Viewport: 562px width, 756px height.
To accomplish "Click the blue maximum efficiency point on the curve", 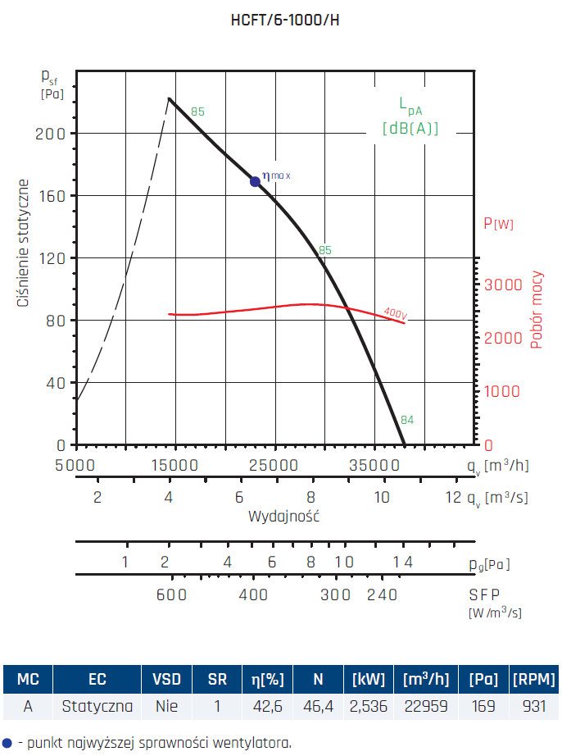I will (x=255, y=181).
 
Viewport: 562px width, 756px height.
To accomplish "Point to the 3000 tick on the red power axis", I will (x=502, y=285).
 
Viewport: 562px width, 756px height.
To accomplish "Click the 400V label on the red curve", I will (x=396, y=312).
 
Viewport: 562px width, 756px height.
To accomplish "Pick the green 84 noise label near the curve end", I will (x=407, y=421).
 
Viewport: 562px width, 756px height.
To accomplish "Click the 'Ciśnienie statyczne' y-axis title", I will (x=25, y=244).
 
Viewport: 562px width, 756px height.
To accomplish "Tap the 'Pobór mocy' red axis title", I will (x=537, y=310).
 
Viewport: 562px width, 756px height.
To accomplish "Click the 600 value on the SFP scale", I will (x=172, y=594).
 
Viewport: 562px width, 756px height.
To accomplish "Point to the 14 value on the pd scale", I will (x=402, y=562).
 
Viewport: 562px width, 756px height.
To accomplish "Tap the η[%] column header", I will (x=267, y=679).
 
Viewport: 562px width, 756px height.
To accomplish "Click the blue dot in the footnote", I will (x=7, y=743).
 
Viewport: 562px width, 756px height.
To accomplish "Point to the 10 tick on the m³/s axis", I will (x=382, y=498).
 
